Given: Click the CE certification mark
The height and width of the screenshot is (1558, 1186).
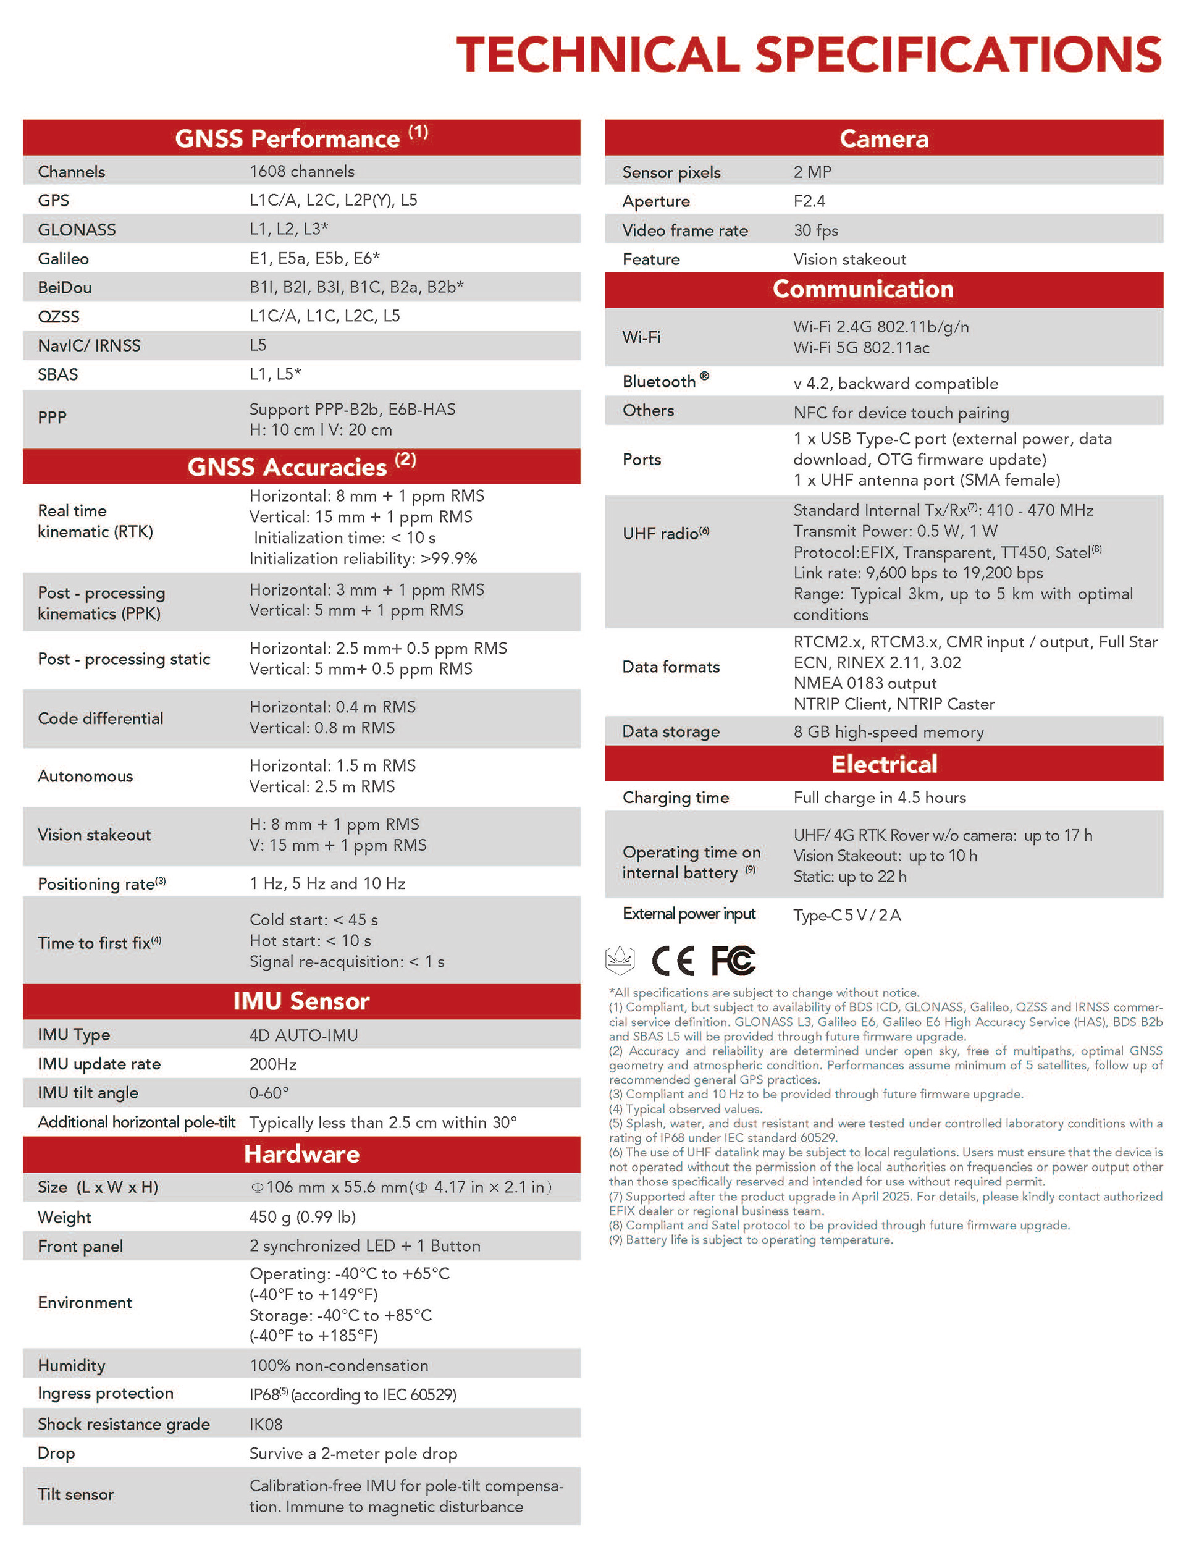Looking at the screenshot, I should [672, 960].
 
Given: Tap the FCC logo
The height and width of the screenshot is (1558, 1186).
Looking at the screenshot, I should [733, 960].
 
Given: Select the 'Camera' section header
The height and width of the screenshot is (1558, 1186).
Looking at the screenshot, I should [884, 138].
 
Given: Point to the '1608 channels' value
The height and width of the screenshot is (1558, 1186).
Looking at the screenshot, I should [302, 172].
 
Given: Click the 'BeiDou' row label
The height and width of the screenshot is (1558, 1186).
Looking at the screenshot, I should [65, 287].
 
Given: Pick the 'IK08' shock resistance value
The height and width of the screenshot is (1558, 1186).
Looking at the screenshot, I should [266, 1424].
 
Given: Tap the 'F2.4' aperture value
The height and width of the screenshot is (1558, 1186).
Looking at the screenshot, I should [809, 201].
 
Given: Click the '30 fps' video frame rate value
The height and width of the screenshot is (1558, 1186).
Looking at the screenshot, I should [815, 230].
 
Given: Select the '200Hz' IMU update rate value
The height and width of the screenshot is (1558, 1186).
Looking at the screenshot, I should [272, 1064].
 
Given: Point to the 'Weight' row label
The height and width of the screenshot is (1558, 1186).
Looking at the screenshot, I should [64, 1217].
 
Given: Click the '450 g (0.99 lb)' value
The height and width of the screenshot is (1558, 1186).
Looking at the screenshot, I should [302, 1216].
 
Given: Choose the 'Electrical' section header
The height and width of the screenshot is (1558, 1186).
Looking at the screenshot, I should [884, 764].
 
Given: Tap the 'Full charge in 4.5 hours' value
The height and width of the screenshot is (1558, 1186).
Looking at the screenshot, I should [880, 797].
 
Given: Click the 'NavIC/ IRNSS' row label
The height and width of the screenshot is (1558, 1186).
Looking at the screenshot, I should [89, 345].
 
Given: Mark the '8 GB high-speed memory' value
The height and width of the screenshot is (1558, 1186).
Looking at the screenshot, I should [888, 732].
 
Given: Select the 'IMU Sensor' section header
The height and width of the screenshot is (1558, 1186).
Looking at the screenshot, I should [301, 1001].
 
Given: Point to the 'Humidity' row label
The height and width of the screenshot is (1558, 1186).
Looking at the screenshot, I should [71, 1365].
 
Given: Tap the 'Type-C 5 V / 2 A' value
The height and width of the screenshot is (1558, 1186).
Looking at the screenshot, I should [846, 915].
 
